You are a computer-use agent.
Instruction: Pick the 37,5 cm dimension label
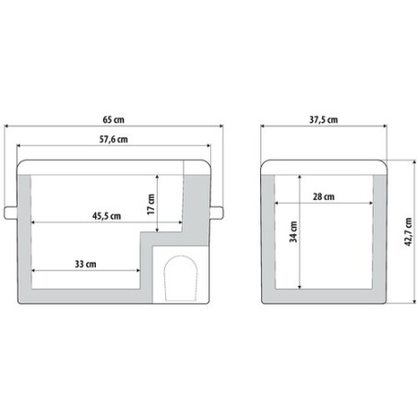pyautogui.click(x=323, y=120)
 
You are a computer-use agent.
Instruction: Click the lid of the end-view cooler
pyautogui.click(x=322, y=167)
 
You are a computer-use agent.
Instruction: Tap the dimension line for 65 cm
pyautogui.click(x=55, y=126)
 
